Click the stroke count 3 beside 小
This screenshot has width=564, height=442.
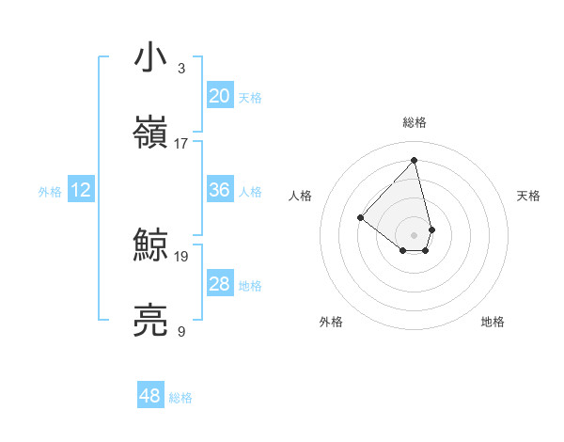pos(181,69)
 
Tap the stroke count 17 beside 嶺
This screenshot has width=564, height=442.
pos(181,144)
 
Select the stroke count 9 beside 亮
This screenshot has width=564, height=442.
pos(181,331)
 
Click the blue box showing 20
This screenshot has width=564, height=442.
pos(219,95)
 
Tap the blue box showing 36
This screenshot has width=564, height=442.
pos(219,190)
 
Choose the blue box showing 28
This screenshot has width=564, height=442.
pos(219,284)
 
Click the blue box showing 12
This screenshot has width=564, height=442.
pos(81,190)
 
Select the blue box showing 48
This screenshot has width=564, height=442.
pos(149,396)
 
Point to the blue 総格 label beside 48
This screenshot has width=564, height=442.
pos(180,398)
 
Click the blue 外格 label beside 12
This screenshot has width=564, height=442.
pos(50,192)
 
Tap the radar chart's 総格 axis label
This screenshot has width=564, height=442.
pos(415,122)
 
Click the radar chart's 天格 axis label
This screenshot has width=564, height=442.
pos(528,196)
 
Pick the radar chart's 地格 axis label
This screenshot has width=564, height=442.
pos(493,322)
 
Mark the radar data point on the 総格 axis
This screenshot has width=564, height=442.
pos(414,160)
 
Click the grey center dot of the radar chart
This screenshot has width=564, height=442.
pos(414,233)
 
